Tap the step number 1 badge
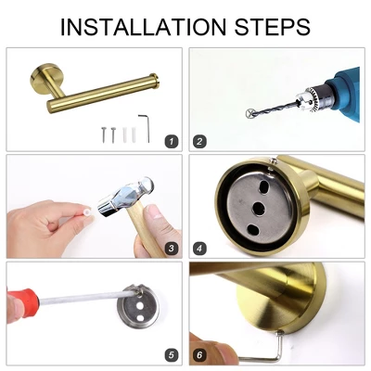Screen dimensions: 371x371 click(170, 141)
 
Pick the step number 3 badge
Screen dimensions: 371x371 click(170, 248)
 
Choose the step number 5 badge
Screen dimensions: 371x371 click(170, 354)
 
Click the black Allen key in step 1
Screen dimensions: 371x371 click(144, 123)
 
